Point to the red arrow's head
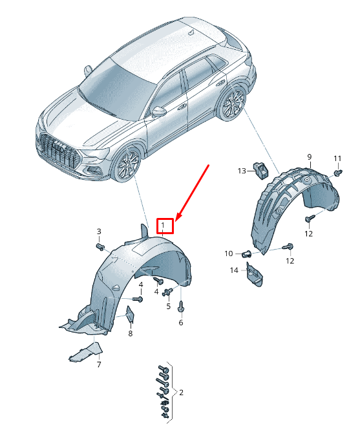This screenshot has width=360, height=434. pyautogui.click(x=178, y=217)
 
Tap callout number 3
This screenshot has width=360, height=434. pyautogui.click(x=99, y=232)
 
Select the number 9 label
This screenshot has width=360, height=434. pyautogui.click(x=310, y=157)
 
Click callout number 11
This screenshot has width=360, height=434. pyautogui.click(x=337, y=158)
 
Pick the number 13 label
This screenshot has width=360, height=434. pyautogui.click(x=242, y=171)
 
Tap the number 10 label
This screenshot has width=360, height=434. pyautogui.click(x=229, y=254)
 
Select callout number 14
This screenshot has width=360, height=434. pyautogui.click(x=234, y=270)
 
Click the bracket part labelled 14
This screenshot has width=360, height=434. pyautogui.click(x=254, y=275)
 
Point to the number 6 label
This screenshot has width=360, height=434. pyautogui.click(x=181, y=323)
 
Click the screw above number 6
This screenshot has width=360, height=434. pyautogui.click(x=182, y=307)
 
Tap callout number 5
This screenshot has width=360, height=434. pyautogui.click(x=169, y=307)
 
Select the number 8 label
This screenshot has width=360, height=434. pyautogui.click(x=131, y=334)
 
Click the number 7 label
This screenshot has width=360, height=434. pyautogui.click(x=99, y=365)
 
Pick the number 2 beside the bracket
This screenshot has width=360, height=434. pyautogui.click(x=181, y=393)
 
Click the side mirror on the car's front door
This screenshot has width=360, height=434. pyautogui.click(x=159, y=111)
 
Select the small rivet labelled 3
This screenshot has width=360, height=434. pyautogui.click(x=100, y=247)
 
